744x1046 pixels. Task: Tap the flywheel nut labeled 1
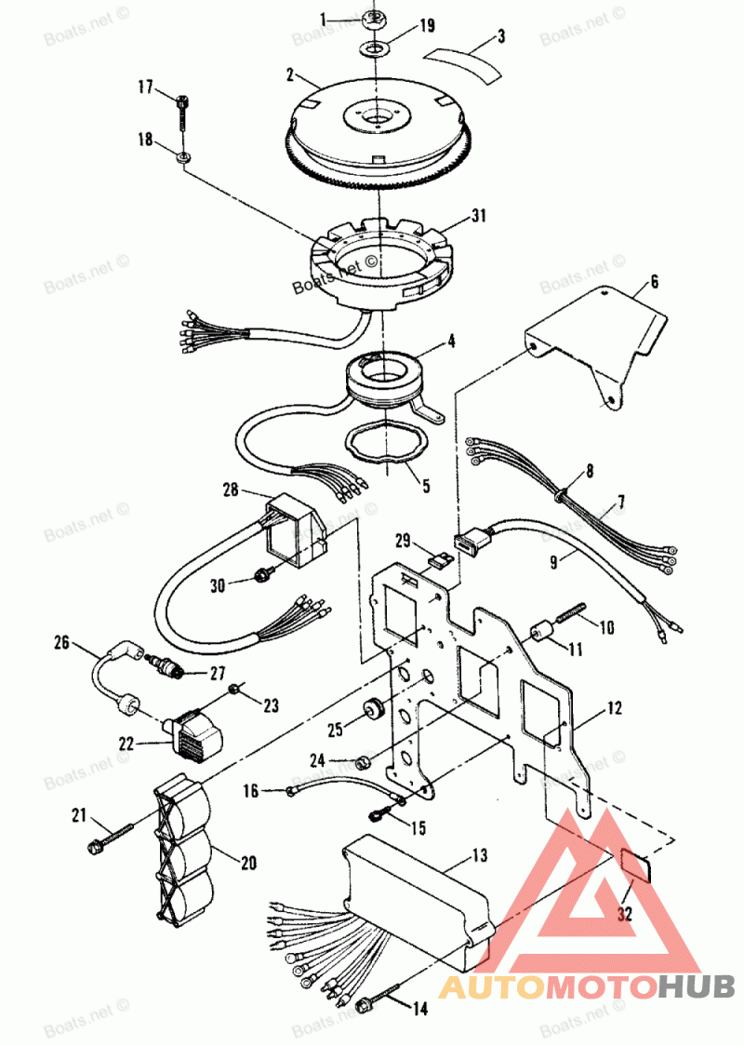[376, 19]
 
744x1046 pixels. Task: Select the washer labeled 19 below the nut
[375, 47]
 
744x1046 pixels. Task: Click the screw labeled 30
[262, 577]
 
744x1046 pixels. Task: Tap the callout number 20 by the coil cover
[248, 863]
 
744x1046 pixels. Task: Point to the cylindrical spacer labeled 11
[539, 637]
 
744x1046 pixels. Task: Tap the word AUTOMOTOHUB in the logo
[587, 986]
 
